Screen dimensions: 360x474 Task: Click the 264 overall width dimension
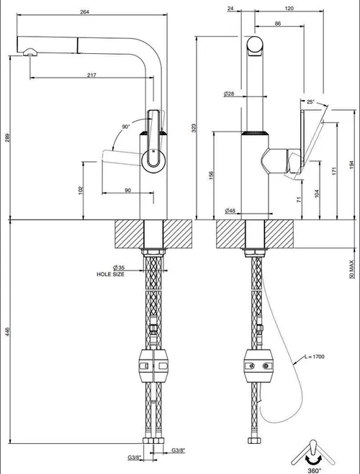pyautogui.click(x=85, y=12)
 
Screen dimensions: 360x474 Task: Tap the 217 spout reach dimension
pyautogui.click(x=91, y=75)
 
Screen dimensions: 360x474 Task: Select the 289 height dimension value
pyautogui.click(x=8, y=137)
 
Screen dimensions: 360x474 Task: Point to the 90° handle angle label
pyautogui.click(x=126, y=127)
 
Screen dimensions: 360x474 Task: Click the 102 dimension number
pyautogui.click(x=81, y=190)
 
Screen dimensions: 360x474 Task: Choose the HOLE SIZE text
pyautogui.click(x=110, y=274)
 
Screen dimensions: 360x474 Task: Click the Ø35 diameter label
pyautogui.click(x=119, y=268)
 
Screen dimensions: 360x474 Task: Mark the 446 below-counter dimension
pyautogui.click(x=8, y=332)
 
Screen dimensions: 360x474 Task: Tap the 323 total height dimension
pyautogui.click(x=194, y=128)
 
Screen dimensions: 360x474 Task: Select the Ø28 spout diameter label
pyautogui.click(x=229, y=94)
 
